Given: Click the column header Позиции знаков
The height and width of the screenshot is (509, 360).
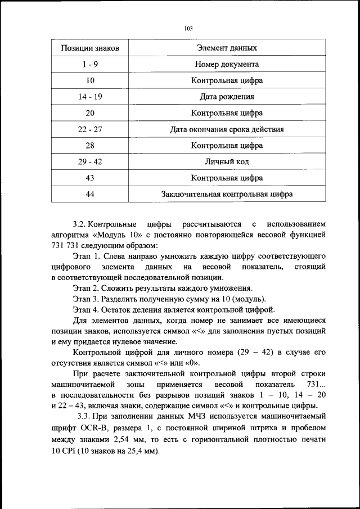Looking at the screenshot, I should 89,48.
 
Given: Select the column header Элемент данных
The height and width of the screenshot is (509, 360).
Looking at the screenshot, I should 227,48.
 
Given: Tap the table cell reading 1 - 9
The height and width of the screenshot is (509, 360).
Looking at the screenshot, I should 89,65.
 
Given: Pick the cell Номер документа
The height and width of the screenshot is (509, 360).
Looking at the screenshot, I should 227,65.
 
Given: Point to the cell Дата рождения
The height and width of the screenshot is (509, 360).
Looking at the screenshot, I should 227,97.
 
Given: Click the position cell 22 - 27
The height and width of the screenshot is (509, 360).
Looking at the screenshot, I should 89,129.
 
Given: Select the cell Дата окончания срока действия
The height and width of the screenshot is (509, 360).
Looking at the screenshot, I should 227,129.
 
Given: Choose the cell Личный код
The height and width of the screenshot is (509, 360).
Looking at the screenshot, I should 227,162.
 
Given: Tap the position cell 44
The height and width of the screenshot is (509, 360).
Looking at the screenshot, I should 89,195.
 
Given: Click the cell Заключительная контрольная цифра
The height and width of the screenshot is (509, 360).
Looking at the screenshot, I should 227,195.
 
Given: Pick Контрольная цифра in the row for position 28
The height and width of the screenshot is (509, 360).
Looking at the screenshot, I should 227,146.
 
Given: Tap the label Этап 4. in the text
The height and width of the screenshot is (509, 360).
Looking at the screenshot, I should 85,309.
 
